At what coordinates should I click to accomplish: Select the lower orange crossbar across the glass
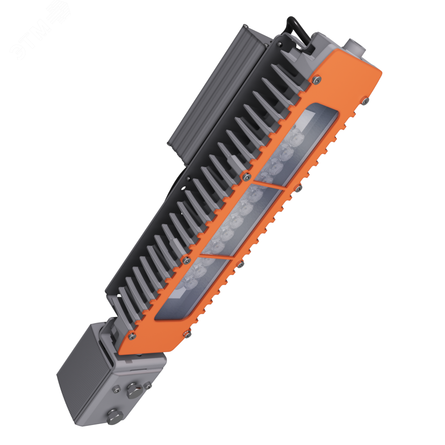216,257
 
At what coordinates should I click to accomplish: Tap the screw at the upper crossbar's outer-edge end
297,189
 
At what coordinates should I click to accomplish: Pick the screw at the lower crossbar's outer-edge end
241,265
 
